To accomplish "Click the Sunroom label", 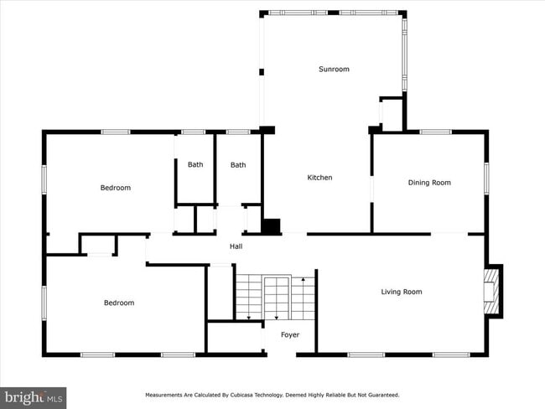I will pyautogui.click(x=333, y=69).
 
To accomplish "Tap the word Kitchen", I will pyautogui.click(x=319, y=178).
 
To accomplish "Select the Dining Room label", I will pyautogui.click(x=429, y=183).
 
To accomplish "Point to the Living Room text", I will pyautogui.click(x=402, y=292).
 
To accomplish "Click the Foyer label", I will pyautogui.click(x=289, y=335).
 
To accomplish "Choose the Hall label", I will pyautogui.click(x=236, y=246).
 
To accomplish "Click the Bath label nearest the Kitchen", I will pyautogui.click(x=238, y=165).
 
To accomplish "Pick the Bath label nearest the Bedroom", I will pyautogui.click(x=195, y=165).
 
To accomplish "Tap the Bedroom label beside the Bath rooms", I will pyautogui.click(x=116, y=188).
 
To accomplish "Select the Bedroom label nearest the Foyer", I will pyautogui.click(x=119, y=303).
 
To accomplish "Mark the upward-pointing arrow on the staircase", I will pyautogui.click(x=303, y=278).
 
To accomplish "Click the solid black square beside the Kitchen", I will pyautogui.click(x=272, y=226).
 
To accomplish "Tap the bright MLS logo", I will pyautogui.click(x=34, y=396).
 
